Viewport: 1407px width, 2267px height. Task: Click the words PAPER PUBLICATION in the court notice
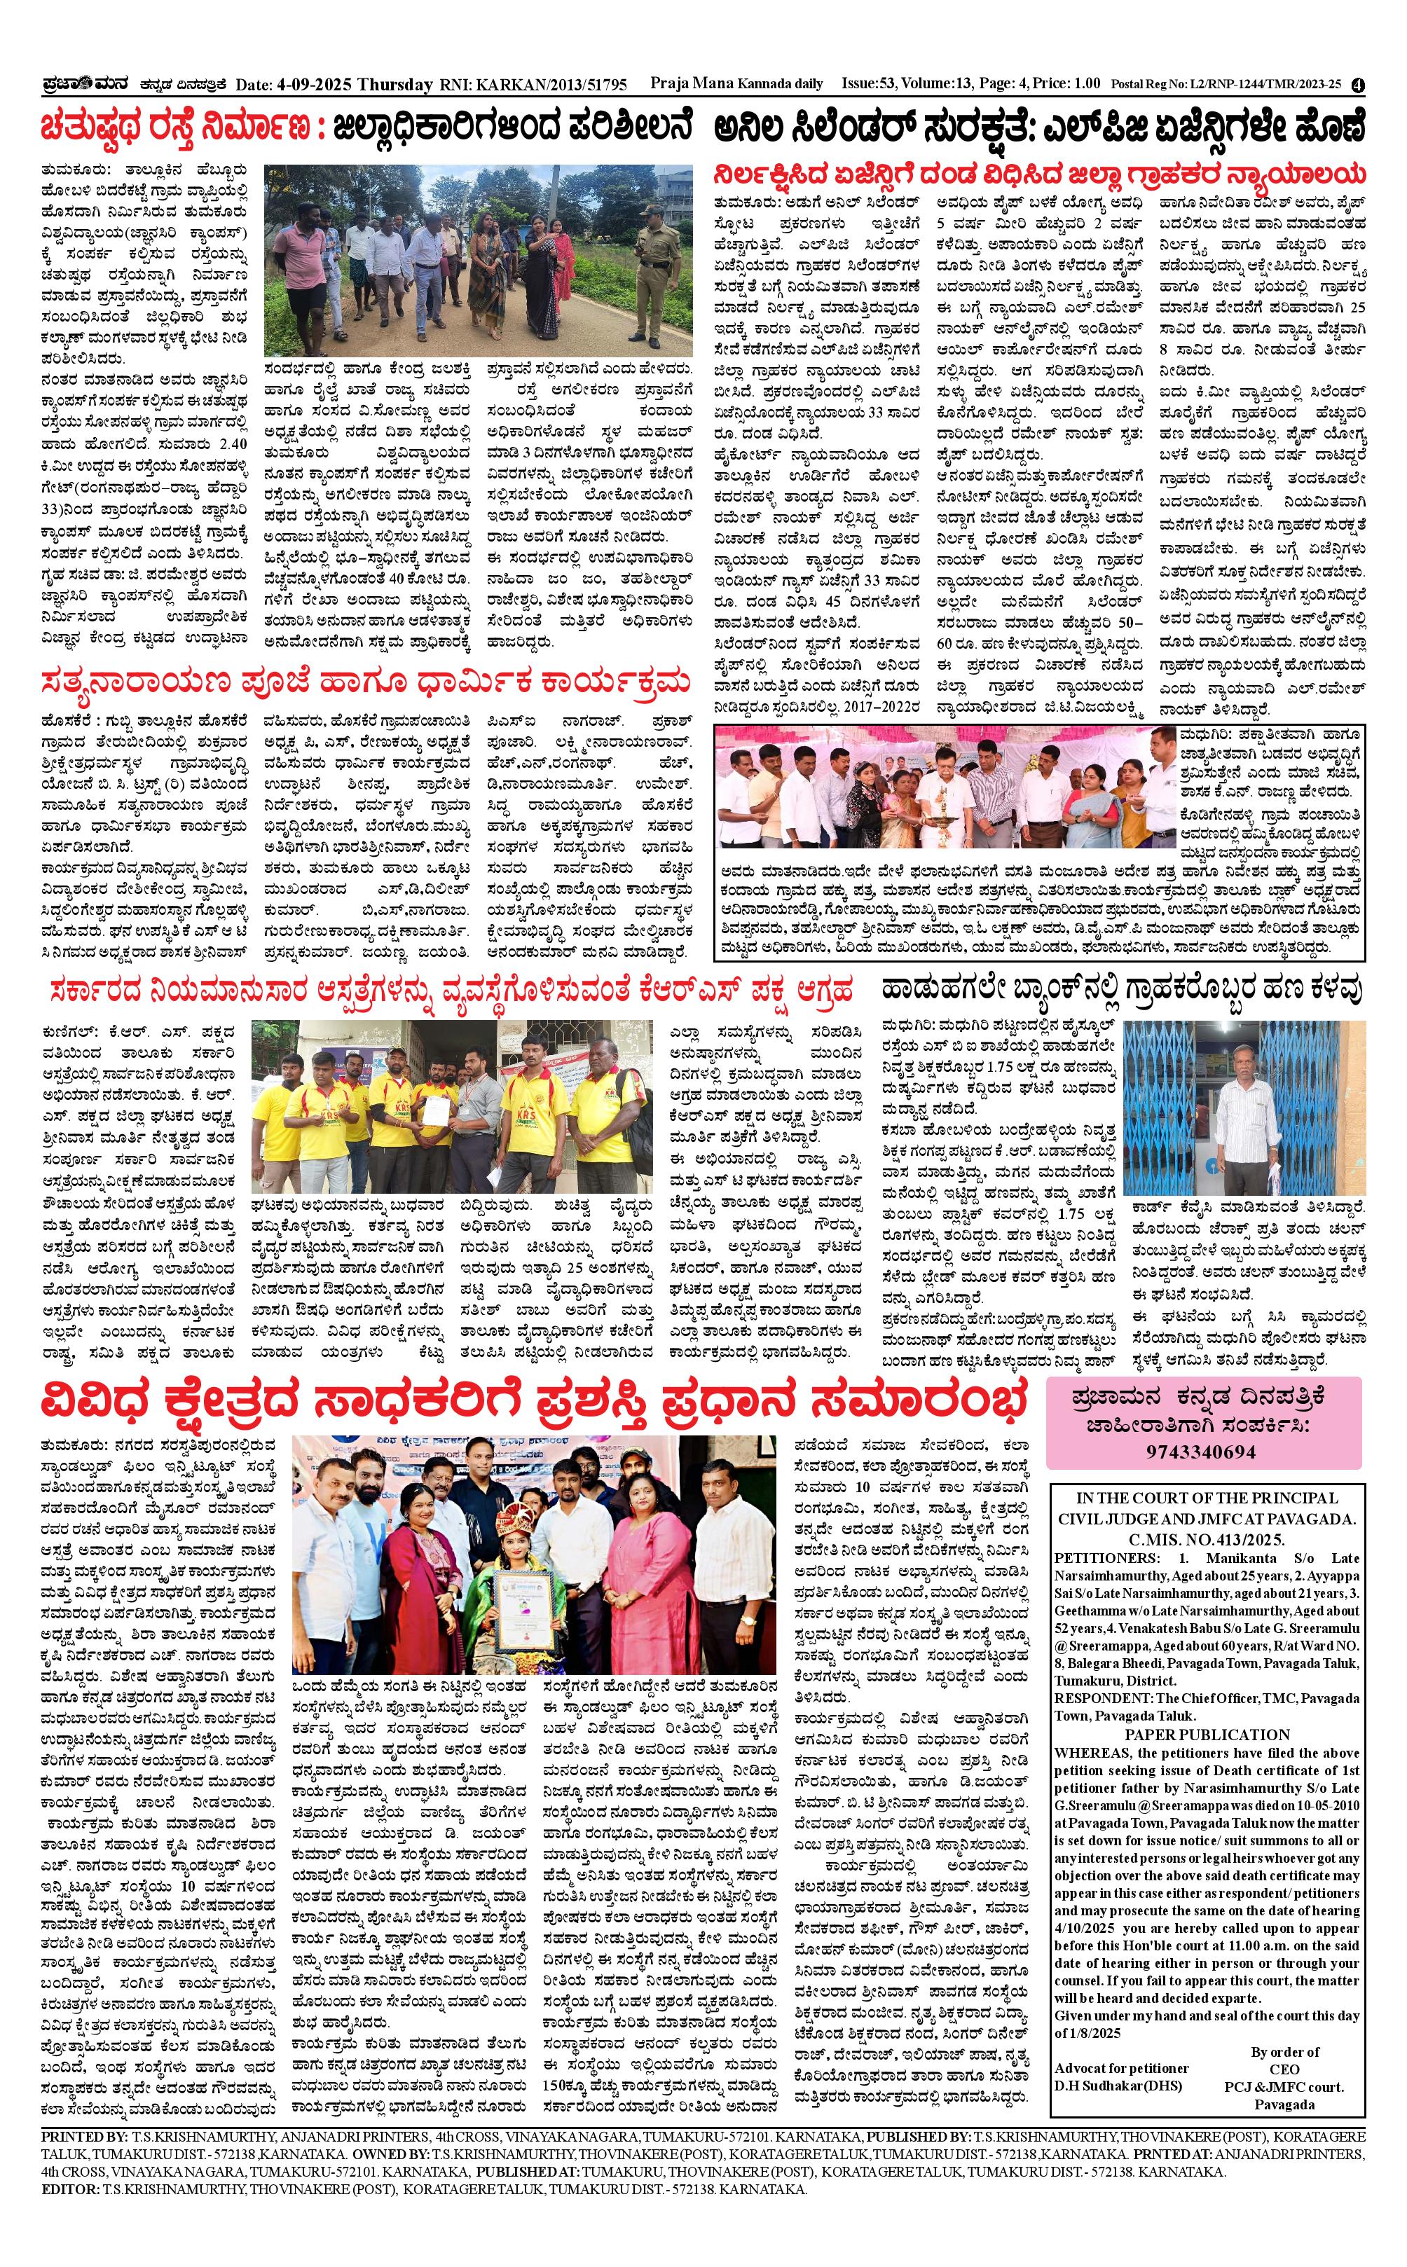pyautogui.click(x=1207, y=1735)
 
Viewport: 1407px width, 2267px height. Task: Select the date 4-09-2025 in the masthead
pyautogui.click(x=317, y=85)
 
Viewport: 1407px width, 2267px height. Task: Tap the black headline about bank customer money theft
pyautogui.click(x=1123, y=989)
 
